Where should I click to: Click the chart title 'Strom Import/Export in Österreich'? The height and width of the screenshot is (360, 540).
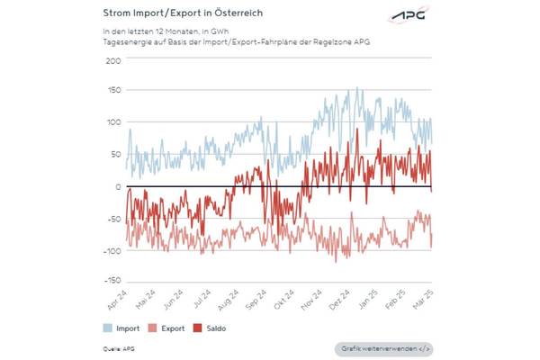(x=175, y=14)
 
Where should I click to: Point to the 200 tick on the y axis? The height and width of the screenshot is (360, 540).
(x=112, y=60)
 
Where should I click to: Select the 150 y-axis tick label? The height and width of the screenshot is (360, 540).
(x=112, y=92)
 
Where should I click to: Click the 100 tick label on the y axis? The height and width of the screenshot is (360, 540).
(x=112, y=123)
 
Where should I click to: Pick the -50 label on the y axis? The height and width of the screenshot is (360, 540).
(x=112, y=219)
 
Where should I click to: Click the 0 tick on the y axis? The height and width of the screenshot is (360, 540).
(x=117, y=187)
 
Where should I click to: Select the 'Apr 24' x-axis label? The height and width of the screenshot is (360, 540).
(x=117, y=298)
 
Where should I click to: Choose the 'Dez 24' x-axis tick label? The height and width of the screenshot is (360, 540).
(x=339, y=298)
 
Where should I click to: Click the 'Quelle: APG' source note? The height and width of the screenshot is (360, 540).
(x=116, y=347)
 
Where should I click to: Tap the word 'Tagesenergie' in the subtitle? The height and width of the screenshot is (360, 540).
(x=125, y=41)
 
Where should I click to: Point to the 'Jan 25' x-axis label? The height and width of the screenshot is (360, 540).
(x=366, y=298)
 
